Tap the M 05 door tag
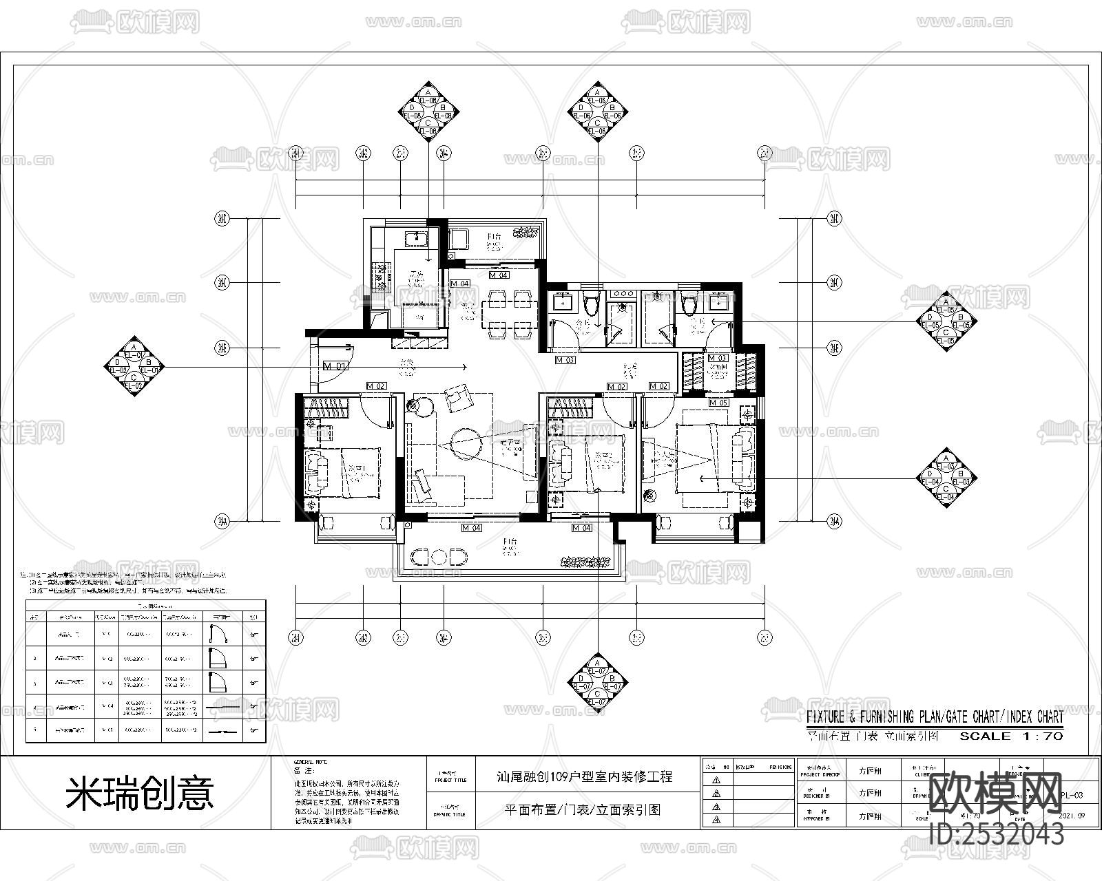[x=719, y=403]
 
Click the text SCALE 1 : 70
[x=1011, y=736]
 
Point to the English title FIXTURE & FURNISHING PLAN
[x=935, y=717]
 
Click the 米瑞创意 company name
[x=140, y=793]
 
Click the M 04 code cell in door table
[x=107, y=706]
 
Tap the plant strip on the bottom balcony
[x=586, y=562]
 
